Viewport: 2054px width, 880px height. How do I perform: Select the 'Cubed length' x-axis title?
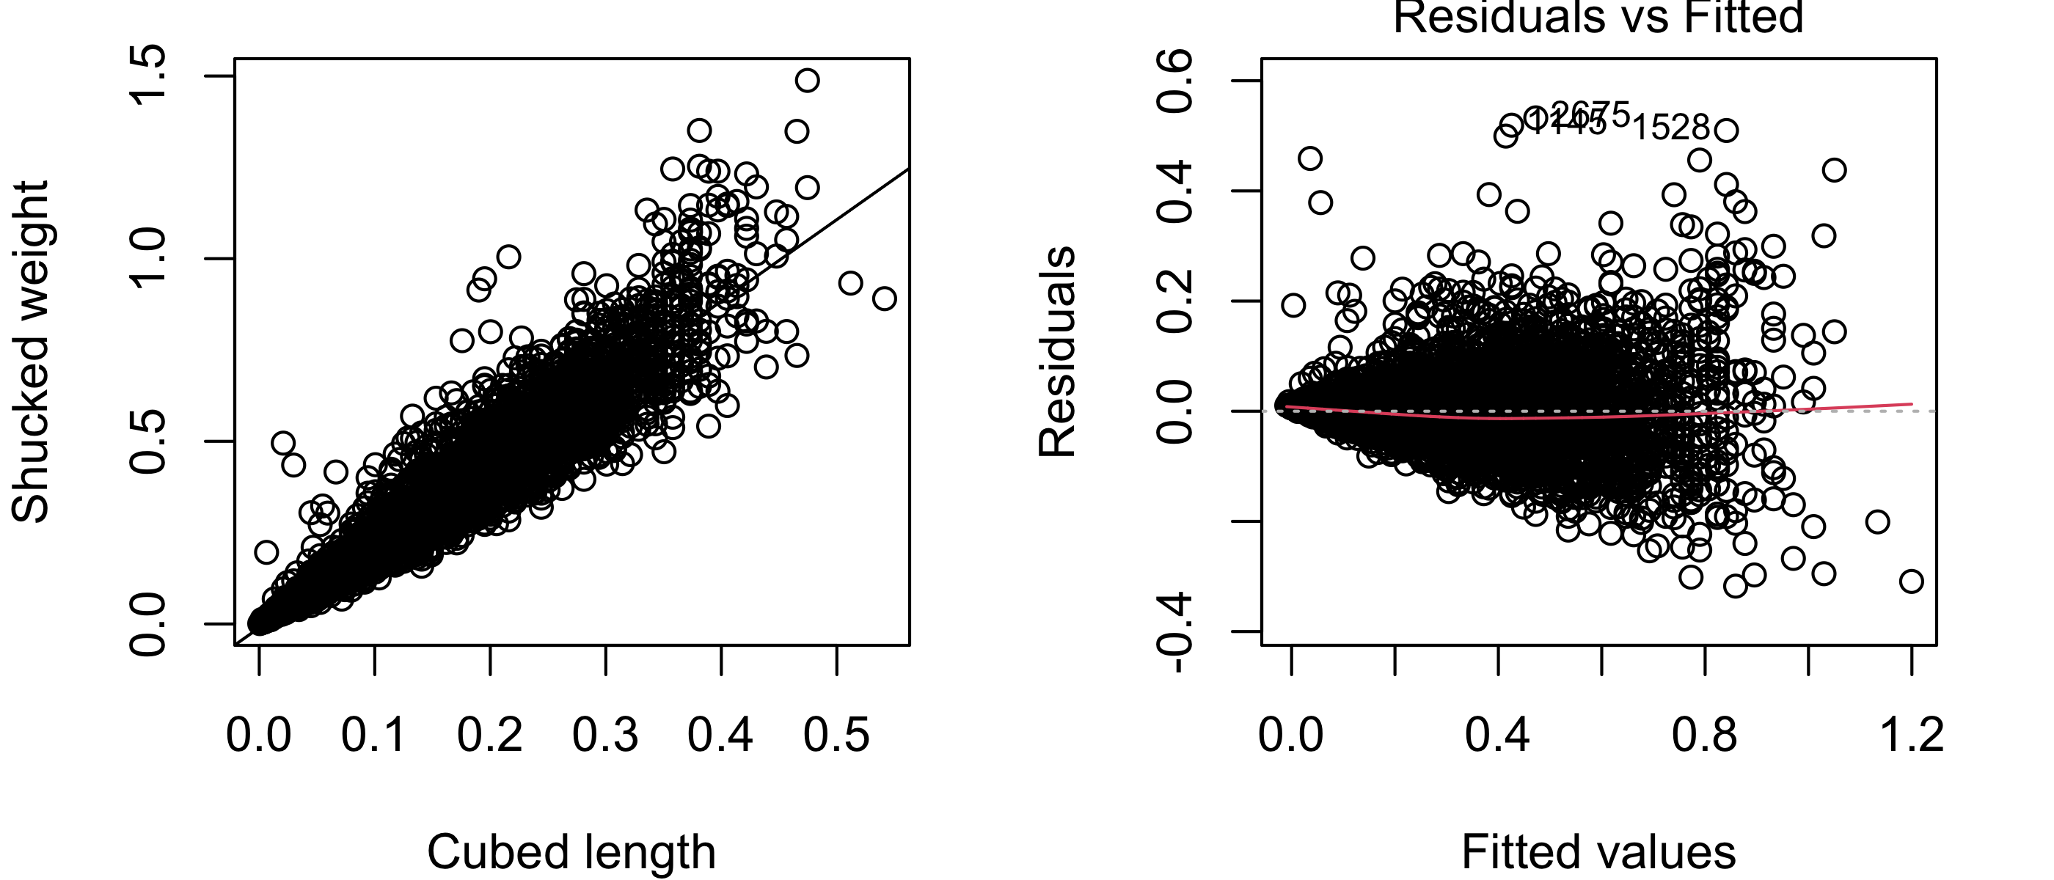click(x=571, y=851)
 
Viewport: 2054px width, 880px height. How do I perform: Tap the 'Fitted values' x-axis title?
click(x=1598, y=851)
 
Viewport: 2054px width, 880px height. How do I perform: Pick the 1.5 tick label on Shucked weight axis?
click(x=148, y=76)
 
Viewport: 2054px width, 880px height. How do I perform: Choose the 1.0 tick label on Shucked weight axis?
click(x=148, y=258)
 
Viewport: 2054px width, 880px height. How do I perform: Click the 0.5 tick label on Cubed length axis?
click(x=836, y=734)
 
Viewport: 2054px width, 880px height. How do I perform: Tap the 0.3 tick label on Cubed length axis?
click(x=605, y=734)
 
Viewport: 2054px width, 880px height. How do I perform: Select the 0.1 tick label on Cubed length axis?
click(x=374, y=734)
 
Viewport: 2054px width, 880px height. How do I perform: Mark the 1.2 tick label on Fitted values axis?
click(x=1911, y=734)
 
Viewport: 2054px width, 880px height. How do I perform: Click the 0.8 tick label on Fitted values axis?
click(x=1705, y=734)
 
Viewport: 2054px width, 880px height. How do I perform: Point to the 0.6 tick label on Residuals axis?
click(x=1175, y=81)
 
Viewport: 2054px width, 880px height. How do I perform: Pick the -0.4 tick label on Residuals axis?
click(x=1175, y=632)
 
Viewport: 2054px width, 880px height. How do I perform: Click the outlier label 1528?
click(x=1671, y=128)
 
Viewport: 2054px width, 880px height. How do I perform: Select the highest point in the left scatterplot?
click(x=807, y=80)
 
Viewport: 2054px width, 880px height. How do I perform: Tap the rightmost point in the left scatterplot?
click(x=883, y=299)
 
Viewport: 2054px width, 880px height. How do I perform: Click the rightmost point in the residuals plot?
click(x=1911, y=581)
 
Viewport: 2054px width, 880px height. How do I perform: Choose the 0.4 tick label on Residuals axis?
click(x=1175, y=191)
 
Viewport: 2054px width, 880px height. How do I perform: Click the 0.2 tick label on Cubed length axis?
click(x=489, y=734)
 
